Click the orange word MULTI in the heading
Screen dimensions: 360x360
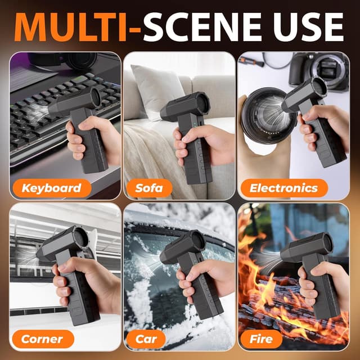71,27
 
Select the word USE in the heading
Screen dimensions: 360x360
308,27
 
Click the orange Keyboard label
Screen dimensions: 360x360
52,188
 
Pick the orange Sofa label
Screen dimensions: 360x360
149,188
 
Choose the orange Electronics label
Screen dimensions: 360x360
284,188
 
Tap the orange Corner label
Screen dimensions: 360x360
43,339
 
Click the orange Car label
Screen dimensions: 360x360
146,339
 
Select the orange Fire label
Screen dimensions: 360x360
261,339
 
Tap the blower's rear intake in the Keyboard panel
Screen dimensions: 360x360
95,97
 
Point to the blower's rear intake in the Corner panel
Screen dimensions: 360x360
81,238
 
